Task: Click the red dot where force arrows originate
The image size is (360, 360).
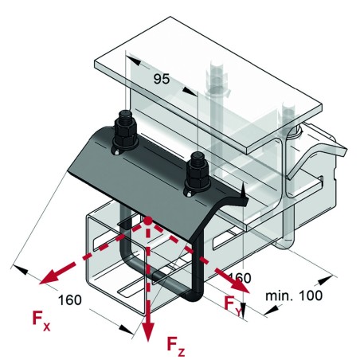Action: (x=148, y=219)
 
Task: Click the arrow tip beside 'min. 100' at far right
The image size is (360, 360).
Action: (x=331, y=280)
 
